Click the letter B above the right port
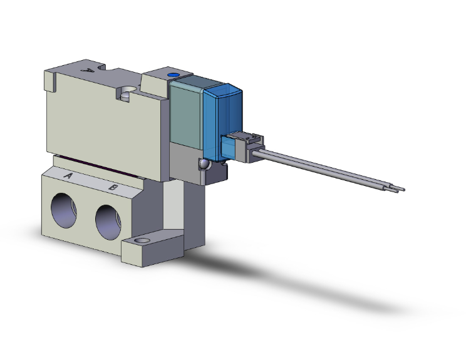click(x=113, y=187)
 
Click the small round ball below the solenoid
click(x=204, y=164)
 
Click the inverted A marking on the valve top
click(x=89, y=71)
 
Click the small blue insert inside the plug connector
click(x=230, y=149)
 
